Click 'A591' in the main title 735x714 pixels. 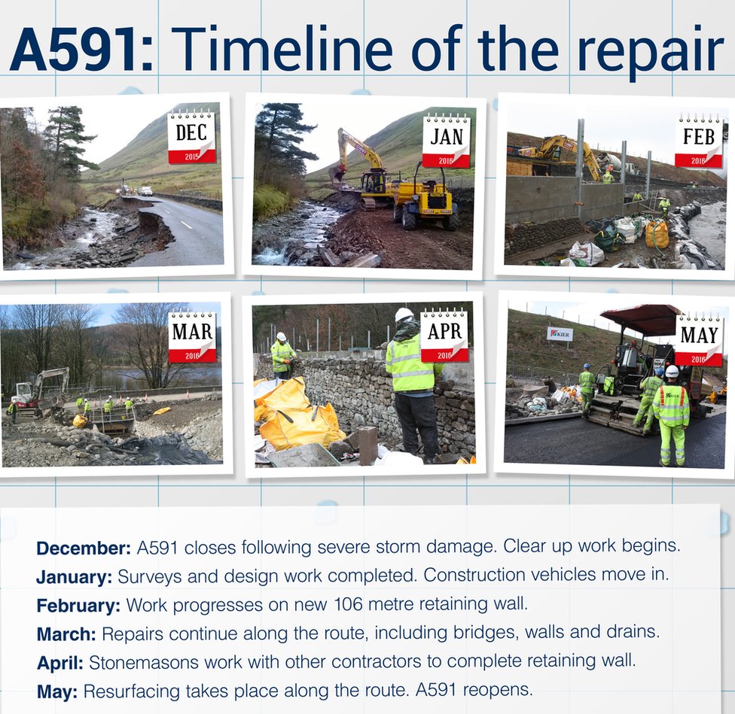(75, 49)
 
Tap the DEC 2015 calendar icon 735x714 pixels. (192, 137)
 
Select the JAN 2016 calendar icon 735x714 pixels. (447, 141)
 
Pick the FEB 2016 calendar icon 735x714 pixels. (699, 140)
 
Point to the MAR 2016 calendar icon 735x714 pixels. (192, 336)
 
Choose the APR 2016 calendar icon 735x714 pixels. (444, 335)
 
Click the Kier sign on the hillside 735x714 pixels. (560, 334)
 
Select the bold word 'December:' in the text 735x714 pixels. (84, 548)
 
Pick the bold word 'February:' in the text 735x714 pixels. (78, 606)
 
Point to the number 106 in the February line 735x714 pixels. (348, 604)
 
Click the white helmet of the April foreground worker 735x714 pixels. (404, 314)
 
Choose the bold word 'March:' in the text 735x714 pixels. (66, 634)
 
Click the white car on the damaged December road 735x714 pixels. (146, 191)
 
